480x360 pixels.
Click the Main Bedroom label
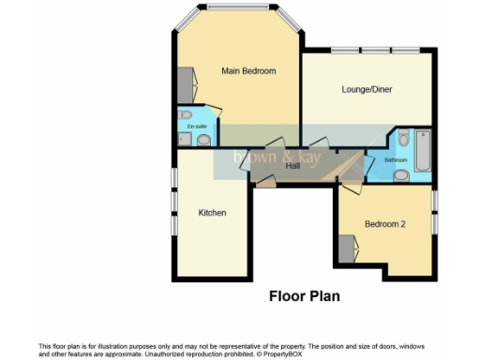(248, 70)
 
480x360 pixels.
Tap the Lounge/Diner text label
(366, 90)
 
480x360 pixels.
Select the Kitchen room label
(212, 213)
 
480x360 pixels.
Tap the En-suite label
(196, 126)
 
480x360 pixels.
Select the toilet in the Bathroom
(402, 140)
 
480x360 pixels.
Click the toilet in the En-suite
(185, 115)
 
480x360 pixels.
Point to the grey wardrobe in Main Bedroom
(186, 85)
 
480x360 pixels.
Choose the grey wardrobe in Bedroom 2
(348, 249)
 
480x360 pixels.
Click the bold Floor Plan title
(304, 296)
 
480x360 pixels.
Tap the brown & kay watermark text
(277, 157)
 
